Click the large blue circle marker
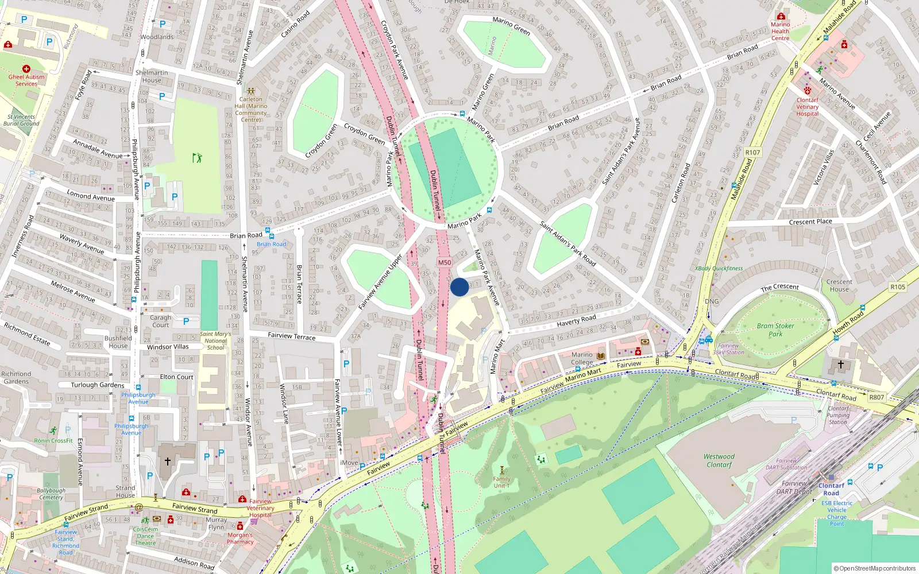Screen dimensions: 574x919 pyautogui.click(x=459, y=287)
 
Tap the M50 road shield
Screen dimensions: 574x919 pyautogui.click(x=445, y=262)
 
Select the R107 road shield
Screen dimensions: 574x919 pyautogui.click(x=752, y=153)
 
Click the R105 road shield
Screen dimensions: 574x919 pyautogui.click(x=897, y=287)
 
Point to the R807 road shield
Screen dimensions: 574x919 pyautogui.click(x=876, y=397)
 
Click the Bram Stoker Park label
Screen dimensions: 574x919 pyautogui.click(x=775, y=329)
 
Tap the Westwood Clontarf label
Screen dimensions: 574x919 pyautogui.click(x=719, y=460)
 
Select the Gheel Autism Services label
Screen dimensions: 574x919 pyautogui.click(x=26, y=80)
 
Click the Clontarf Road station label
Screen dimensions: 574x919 pyautogui.click(x=831, y=489)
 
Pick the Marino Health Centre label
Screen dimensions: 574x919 pyautogui.click(x=780, y=31)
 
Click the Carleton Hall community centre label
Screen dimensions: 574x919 pyautogui.click(x=251, y=109)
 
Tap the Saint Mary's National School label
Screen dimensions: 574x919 pyautogui.click(x=215, y=340)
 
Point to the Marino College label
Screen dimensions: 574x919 pyautogui.click(x=582, y=358)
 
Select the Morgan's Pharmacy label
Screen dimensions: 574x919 pyautogui.click(x=240, y=538)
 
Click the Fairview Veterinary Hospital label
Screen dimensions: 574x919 pyautogui.click(x=260, y=508)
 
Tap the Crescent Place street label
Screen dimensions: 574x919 pyautogui.click(x=810, y=222)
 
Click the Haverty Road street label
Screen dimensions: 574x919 pyautogui.click(x=576, y=320)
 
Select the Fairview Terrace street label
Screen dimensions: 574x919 pyautogui.click(x=291, y=336)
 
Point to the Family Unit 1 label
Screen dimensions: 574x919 pyautogui.click(x=501, y=482)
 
